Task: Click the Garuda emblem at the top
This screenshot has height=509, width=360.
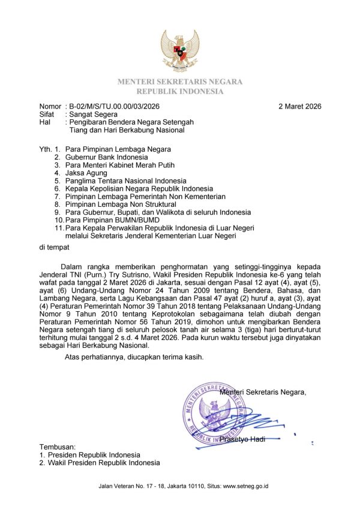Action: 180,52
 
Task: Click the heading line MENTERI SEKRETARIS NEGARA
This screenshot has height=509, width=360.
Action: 180,82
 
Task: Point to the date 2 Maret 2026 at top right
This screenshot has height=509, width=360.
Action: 300,107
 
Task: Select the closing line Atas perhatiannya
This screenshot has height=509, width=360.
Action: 134,357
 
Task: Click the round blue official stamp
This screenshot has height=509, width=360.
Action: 215,413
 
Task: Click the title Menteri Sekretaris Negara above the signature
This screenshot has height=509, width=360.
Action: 263,392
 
